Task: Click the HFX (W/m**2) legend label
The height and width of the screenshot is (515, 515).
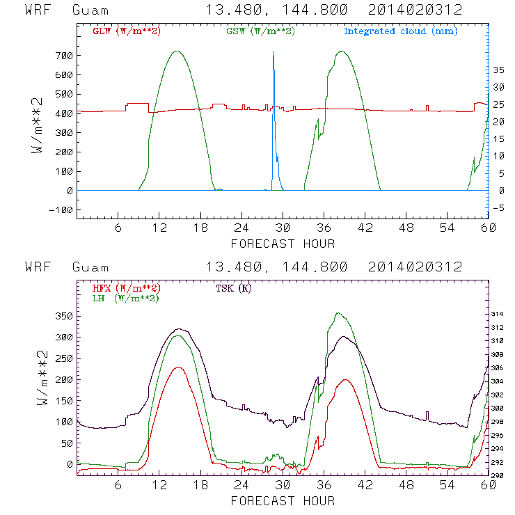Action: [x=122, y=288]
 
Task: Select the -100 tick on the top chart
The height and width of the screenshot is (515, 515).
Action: [x=61, y=209]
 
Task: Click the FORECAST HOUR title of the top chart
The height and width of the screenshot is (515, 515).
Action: [x=283, y=244]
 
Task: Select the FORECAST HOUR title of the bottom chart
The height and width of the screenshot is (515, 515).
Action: [x=283, y=500]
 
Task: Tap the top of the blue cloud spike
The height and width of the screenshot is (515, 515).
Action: [x=274, y=51]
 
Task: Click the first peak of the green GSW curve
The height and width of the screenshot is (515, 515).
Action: [x=177, y=51]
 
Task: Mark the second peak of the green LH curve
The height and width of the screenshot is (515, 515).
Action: [x=338, y=313]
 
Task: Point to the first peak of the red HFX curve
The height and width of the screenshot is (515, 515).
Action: [x=177, y=367]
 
